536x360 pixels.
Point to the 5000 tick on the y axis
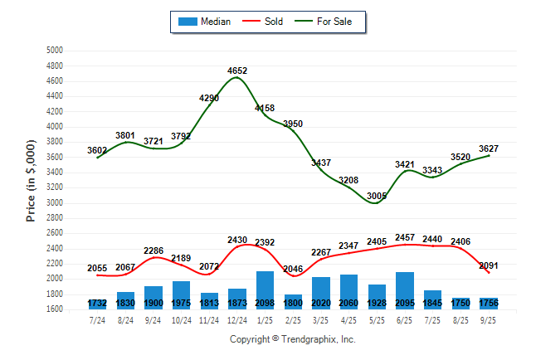(54, 51)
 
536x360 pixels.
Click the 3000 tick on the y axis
(54, 203)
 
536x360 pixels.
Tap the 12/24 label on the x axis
(237, 319)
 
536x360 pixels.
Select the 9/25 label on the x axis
(489, 319)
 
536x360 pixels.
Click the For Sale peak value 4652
(236, 71)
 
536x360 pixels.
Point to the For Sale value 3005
(378, 196)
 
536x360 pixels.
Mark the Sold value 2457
(406, 238)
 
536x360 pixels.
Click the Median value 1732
(97, 304)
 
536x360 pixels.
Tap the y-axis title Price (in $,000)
(31, 179)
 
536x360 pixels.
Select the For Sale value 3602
(97, 150)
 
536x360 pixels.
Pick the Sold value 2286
(153, 250)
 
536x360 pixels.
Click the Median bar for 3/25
(321, 293)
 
